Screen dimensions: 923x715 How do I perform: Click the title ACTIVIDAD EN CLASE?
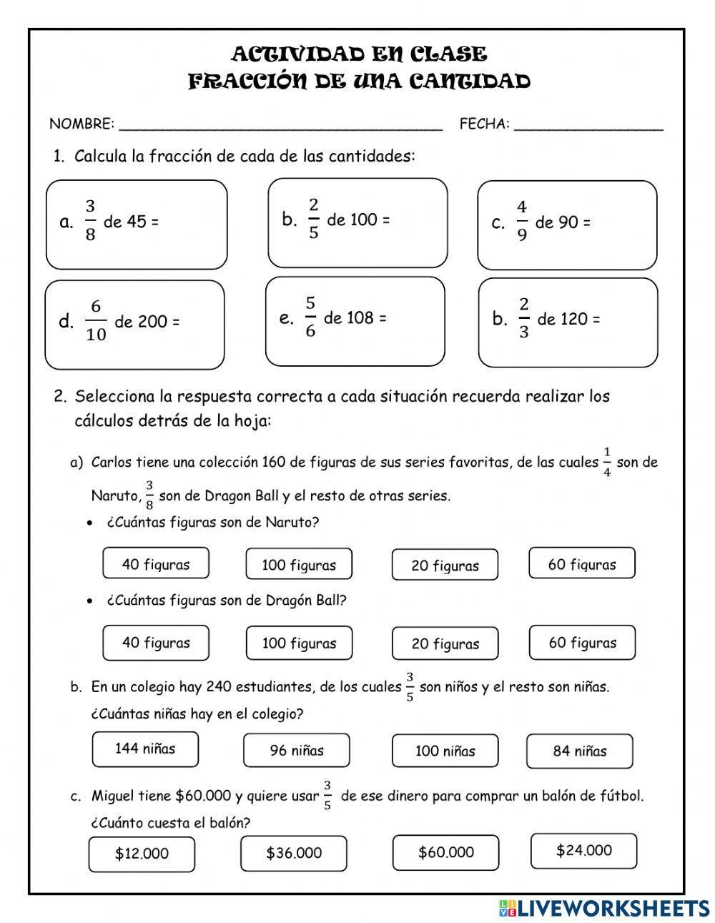click(x=359, y=54)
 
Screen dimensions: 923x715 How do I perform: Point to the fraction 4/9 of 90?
click(x=522, y=221)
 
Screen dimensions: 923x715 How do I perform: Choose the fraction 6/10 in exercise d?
click(x=96, y=320)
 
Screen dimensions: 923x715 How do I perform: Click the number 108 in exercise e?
click(x=360, y=318)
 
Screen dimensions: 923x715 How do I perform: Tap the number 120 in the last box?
click(x=573, y=319)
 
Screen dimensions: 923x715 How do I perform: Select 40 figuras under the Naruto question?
click(x=156, y=564)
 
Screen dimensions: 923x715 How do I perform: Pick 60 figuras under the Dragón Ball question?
click(x=582, y=642)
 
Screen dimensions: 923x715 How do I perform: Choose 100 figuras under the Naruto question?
click(x=299, y=565)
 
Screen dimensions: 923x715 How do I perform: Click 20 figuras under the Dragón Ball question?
click(x=445, y=643)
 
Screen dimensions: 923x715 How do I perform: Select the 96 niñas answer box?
click(x=297, y=750)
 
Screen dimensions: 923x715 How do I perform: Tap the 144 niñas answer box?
click(x=145, y=749)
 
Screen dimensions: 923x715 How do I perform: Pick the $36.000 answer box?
click(x=294, y=852)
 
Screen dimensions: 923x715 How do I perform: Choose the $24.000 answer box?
click(x=583, y=850)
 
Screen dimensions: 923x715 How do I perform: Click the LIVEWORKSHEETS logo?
click(x=604, y=908)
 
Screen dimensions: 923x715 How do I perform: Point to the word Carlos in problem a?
click(x=112, y=463)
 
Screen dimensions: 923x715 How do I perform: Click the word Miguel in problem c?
click(x=112, y=796)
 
